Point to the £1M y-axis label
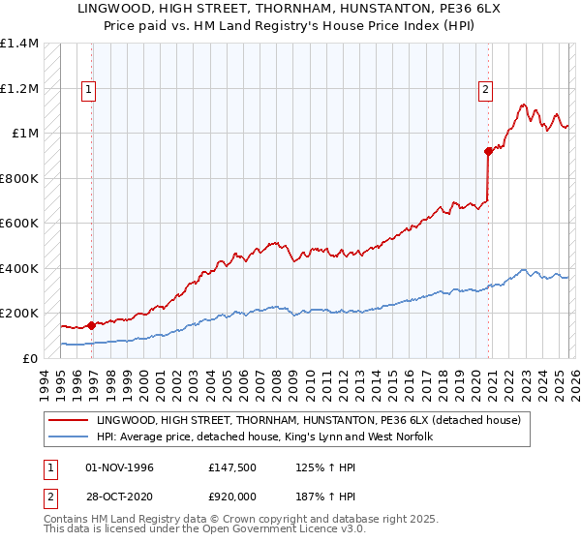[x=25, y=134]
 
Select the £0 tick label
[x=31, y=358]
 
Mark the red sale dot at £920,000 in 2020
[x=488, y=151]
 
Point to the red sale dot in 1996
[x=92, y=325]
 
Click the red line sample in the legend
[x=69, y=420]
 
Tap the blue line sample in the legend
[x=69, y=437]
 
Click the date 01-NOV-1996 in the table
[x=119, y=467]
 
